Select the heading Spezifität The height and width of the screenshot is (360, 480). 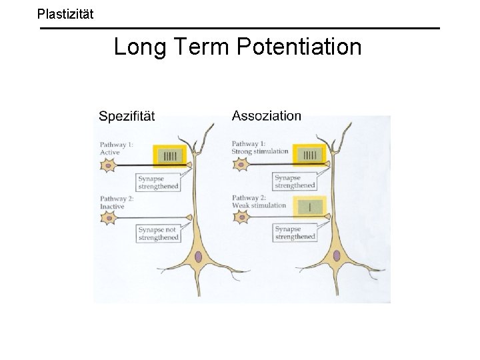[127, 116]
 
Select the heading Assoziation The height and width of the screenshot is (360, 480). [266, 115]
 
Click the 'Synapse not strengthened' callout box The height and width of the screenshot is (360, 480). [159, 233]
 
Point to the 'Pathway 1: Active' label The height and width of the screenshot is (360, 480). [116, 148]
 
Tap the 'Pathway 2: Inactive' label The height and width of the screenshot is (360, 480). [116, 202]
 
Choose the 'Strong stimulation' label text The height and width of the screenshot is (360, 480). [260, 151]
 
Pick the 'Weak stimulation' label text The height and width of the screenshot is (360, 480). [259, 205]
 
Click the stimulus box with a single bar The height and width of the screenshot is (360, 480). [309, 207]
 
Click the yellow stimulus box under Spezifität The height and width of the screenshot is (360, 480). [172, 157]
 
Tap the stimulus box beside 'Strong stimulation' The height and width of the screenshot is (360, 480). [309, 155]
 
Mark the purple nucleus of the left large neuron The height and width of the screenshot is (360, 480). [198, 256]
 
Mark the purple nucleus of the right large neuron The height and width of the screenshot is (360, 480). [337, 256]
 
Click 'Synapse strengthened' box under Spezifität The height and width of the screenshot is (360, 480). [159, 182]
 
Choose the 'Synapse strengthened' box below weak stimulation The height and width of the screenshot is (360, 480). [295, 233]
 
